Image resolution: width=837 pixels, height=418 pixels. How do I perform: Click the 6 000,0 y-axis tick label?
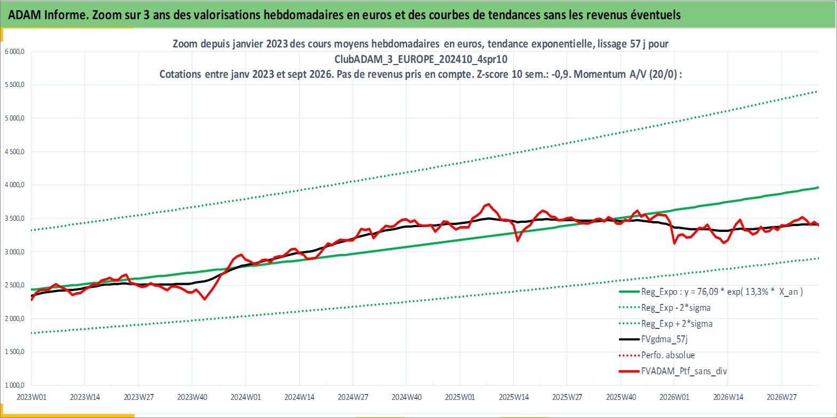coord(14,52)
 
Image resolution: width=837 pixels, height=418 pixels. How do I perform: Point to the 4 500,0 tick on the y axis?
coord(14,151)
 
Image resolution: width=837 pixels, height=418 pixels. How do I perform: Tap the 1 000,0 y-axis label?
coord(14,385)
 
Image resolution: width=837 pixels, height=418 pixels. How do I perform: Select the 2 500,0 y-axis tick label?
coord(14,285)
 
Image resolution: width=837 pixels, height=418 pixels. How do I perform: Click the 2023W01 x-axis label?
coord(31,397)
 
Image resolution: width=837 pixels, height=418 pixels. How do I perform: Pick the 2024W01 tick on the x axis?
coord(245,397)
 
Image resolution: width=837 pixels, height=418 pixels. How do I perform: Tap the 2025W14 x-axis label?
coord(514,397)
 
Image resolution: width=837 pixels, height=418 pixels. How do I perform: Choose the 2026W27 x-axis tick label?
coord(782,397)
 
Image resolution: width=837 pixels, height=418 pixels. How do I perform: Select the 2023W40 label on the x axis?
coord(192,397)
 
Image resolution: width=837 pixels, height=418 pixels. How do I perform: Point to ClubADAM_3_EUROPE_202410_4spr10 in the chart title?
coord(421,59)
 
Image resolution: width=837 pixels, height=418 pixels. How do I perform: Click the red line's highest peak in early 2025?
coord(488,204)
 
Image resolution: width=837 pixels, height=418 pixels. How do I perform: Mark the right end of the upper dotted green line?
coord(817,91)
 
